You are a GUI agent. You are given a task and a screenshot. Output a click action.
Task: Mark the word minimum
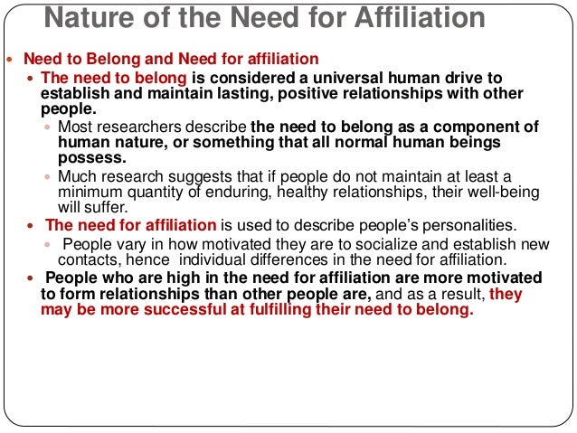tap(88, 191)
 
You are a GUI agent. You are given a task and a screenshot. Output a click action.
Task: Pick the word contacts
tap(88, 260)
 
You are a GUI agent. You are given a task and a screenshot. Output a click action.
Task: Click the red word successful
tap(184, 310)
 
